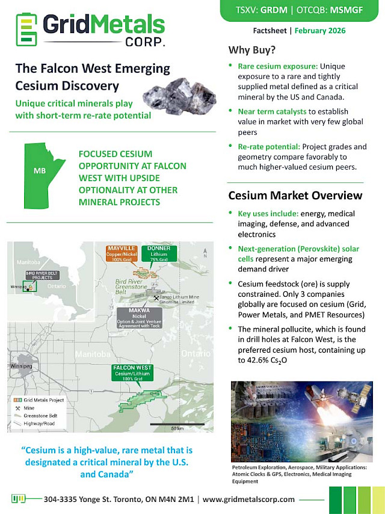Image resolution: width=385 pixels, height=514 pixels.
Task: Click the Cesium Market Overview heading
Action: [295, 195]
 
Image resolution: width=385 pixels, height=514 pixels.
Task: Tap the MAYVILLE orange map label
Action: [122, 252]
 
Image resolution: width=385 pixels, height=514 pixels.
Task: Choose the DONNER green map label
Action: [159, 252]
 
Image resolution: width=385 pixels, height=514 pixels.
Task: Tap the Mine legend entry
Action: [27, 407]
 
